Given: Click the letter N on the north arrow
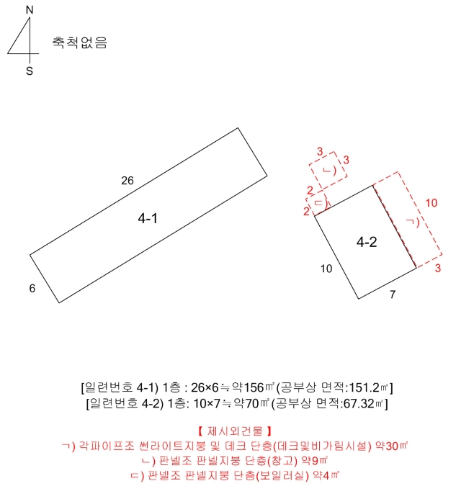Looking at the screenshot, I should tap(30, 9).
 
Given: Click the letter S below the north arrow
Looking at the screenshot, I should tap(30, 71).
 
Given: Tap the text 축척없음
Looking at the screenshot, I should tap(79, 42).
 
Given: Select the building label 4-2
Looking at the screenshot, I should tap(367, 243).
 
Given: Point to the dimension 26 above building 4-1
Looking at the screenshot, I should tap(128, 181).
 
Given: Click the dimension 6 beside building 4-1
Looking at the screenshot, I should tap(32, 289).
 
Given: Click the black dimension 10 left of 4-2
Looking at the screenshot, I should tap(326, 269).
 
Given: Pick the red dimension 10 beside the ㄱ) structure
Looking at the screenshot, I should tap(431, 204).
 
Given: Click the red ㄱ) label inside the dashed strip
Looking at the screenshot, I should tap(413, 222).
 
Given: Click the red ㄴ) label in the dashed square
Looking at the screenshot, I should tap(329, 171).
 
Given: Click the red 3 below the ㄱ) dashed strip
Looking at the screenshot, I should tap(438, 269).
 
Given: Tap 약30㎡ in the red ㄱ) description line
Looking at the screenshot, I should tap(392, 446).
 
